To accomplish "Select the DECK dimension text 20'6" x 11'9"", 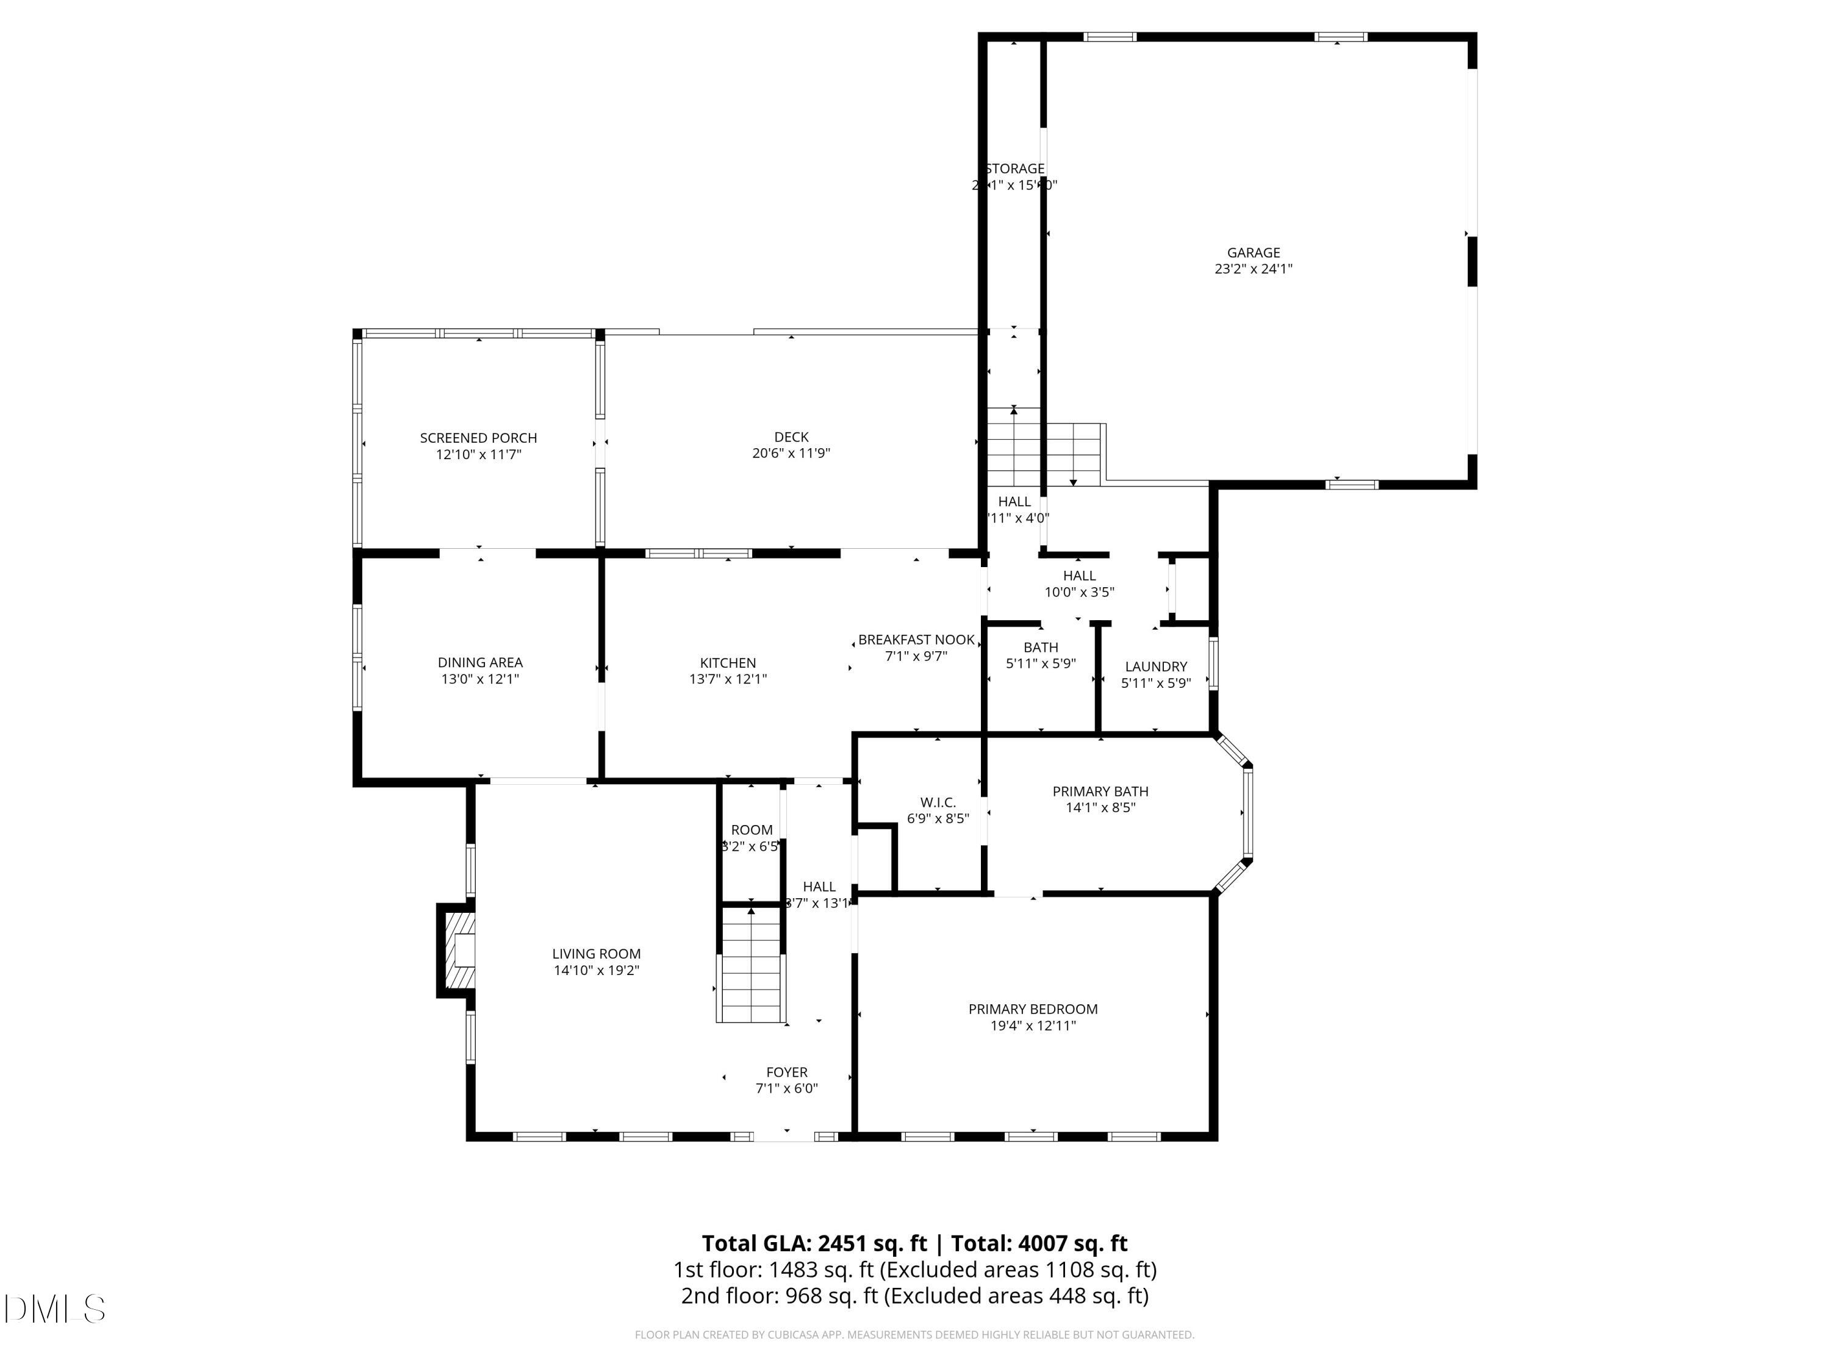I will click(791, 453).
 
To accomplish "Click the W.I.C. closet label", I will click(938, 803).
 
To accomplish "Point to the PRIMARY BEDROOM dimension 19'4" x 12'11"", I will click(1033, 1026).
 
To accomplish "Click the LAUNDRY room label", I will click(1156, 666).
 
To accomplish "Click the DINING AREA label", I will click(480, 662).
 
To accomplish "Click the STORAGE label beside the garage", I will click(1014, 169).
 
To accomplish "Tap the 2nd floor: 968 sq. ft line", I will click(914, 1296).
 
